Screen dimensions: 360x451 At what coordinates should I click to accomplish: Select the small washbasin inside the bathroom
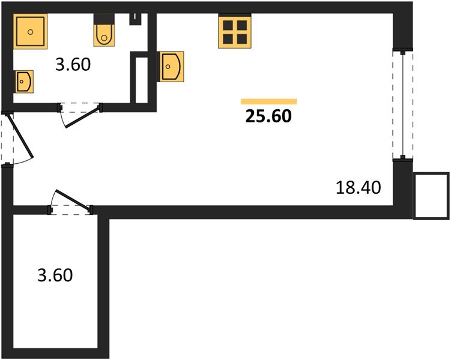(x=24, y=80)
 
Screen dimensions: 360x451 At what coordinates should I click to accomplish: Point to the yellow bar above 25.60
(x=268, y=101)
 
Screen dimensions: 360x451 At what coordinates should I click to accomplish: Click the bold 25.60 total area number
(x=268, y=116)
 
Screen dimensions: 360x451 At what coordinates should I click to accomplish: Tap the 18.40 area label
(x=358, y=188)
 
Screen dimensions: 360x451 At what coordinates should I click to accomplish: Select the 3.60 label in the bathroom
(x=73, y=64)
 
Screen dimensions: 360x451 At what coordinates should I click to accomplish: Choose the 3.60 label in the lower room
(x=55, y=275)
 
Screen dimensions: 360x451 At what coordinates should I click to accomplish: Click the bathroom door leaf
(x=82, y=118)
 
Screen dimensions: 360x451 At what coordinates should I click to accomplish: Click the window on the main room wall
(x=402, y=104)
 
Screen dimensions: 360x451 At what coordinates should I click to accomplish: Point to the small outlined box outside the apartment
(x=432, y=196)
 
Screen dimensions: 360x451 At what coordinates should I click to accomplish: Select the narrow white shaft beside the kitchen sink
(x=142, y=79)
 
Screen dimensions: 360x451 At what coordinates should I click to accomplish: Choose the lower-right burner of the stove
(x=241, y=38)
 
